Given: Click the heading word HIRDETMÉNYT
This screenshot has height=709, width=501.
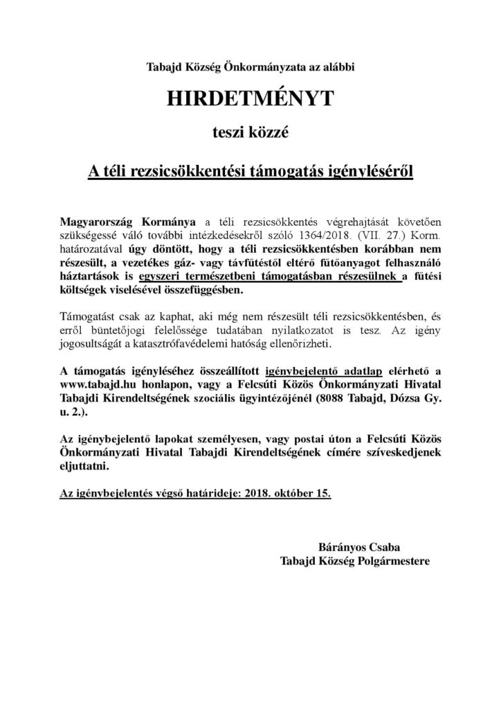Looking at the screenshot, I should (x=250, y=99).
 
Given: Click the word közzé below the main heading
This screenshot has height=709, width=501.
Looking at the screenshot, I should (x=275, y=136).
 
